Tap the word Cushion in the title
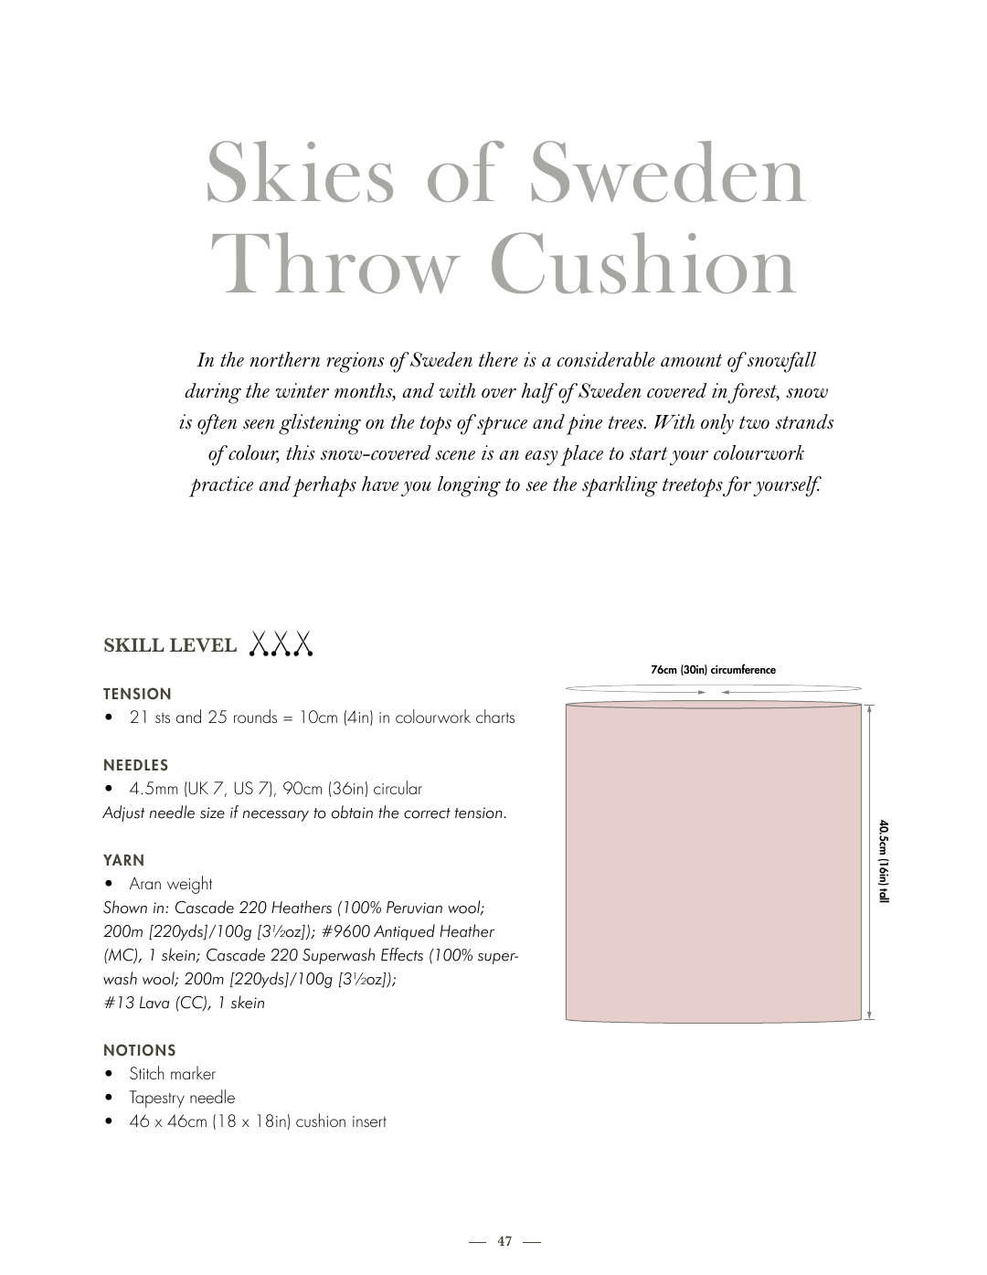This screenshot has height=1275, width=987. click(643, 266)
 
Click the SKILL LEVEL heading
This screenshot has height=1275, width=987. click(170, 645)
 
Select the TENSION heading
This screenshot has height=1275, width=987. click(137, 694)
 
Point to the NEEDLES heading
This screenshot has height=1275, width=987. click(135, 765)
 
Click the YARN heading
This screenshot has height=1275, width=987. click(123, 860)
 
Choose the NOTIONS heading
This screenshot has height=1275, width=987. click(139, 1050)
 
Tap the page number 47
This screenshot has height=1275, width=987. click(505, 1241)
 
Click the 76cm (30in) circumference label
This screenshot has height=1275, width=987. click(713, 670)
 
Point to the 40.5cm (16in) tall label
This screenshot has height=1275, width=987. click(884, 861)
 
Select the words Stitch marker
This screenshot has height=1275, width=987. click(172, 1074)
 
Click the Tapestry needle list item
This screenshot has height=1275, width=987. click(182, 1098)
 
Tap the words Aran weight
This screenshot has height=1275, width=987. click(171, 884)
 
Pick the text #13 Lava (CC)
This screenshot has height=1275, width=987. click(155, 1003)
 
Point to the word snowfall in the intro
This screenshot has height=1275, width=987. click(773, 360)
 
